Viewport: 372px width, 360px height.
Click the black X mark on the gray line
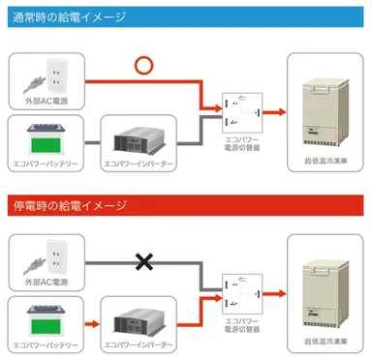coord(144,261)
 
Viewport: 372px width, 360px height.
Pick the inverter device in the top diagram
coord(143,135)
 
